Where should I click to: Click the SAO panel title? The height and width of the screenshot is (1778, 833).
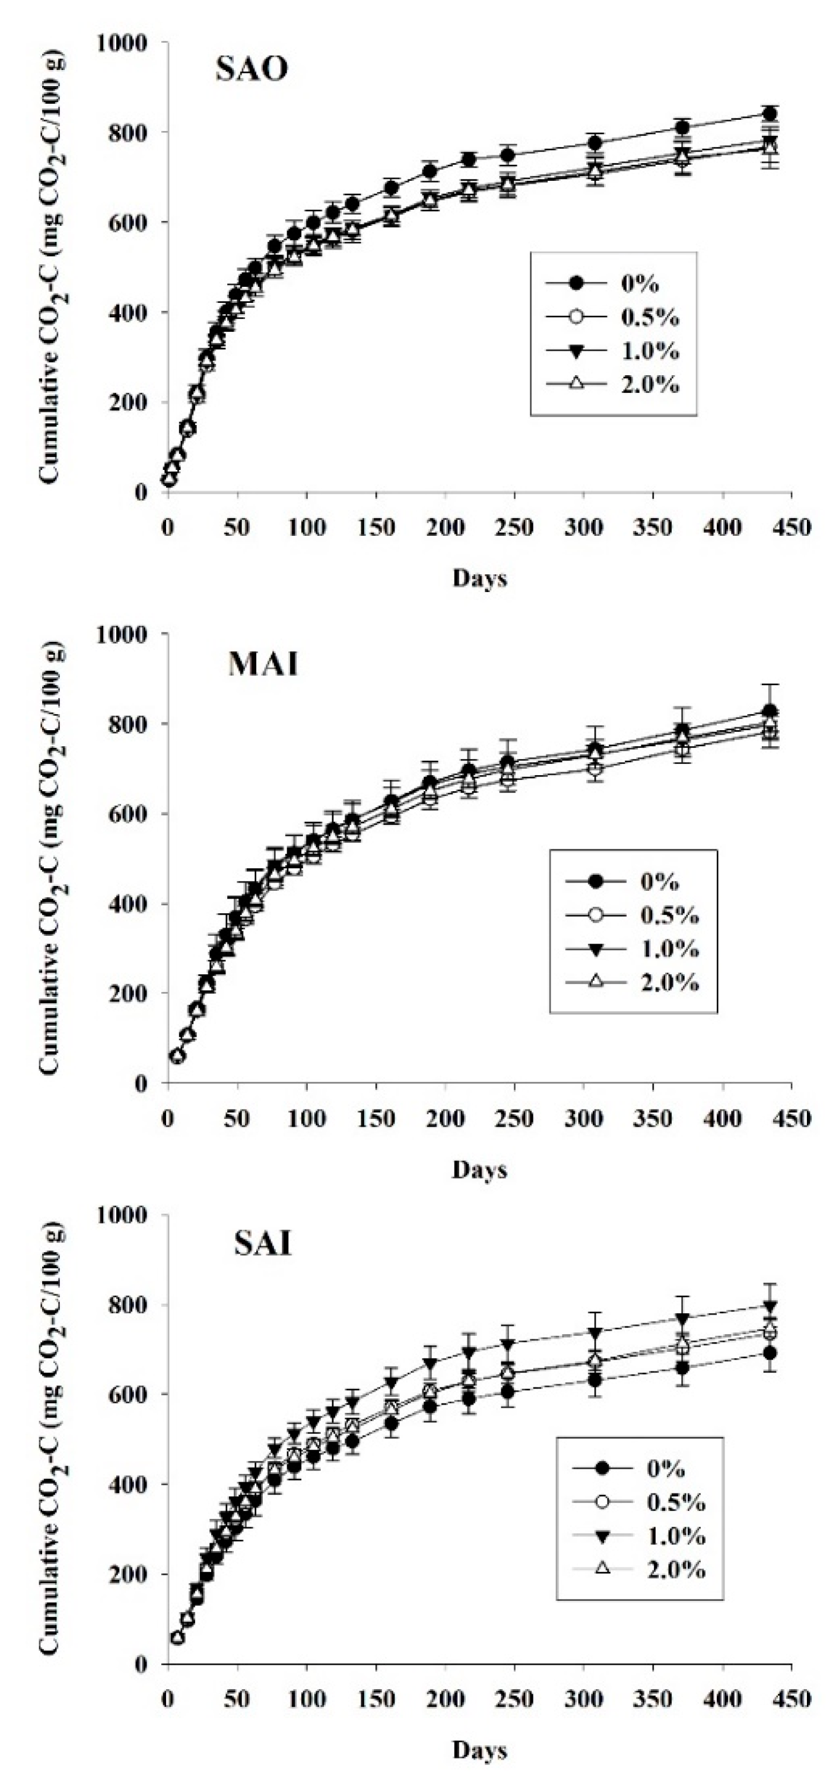252,70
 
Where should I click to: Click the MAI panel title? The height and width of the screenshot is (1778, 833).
263,664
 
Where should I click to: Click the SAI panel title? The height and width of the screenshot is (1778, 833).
262,1245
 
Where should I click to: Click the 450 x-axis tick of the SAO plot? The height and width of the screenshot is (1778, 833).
791,527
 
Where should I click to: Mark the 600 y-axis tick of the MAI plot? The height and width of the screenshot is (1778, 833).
131,814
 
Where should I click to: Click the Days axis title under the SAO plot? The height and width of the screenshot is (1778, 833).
479,578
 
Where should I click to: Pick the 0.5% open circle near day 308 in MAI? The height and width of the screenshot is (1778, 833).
594,768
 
